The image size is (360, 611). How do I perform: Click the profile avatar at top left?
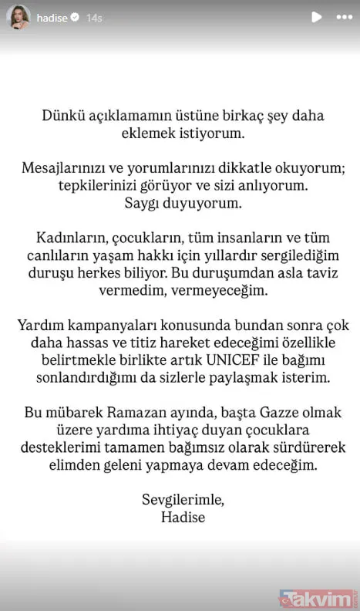[x=19, y=16]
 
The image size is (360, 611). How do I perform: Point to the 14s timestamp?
[x=93, y=16]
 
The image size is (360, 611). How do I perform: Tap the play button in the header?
[x=316, y=16]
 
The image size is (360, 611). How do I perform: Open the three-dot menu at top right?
[x=342, y=16]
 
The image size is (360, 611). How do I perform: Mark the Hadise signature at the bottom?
[x=180, y=518]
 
